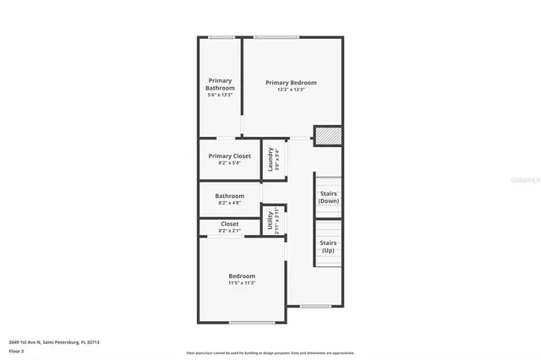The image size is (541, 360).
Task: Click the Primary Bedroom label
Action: [291, 83]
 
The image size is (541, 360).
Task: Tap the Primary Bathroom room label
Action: [220, 85]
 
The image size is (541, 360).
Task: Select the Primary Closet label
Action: [230, 156]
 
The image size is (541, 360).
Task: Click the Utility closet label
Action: [270, 221]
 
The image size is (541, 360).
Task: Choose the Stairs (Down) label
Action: [329, 198]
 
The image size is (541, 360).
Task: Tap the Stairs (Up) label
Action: [329, 247]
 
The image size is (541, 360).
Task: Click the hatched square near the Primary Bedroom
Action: [328, 136]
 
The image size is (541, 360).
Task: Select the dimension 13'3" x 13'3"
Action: [291, 90]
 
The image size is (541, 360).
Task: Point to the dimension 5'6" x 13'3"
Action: [220, 95]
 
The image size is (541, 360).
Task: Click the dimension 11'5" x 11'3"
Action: [242, 283]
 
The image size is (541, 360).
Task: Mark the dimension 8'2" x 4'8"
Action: [230, 203]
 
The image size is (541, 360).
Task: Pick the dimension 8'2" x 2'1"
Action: [229, 231]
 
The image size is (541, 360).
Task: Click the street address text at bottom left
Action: [54, 342]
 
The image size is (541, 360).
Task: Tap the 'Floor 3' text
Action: [17, 351]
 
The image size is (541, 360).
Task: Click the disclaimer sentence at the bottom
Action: [271, 353]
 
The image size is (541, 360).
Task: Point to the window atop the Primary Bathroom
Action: [221, 37]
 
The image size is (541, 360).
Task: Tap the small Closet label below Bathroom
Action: [229, 224]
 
